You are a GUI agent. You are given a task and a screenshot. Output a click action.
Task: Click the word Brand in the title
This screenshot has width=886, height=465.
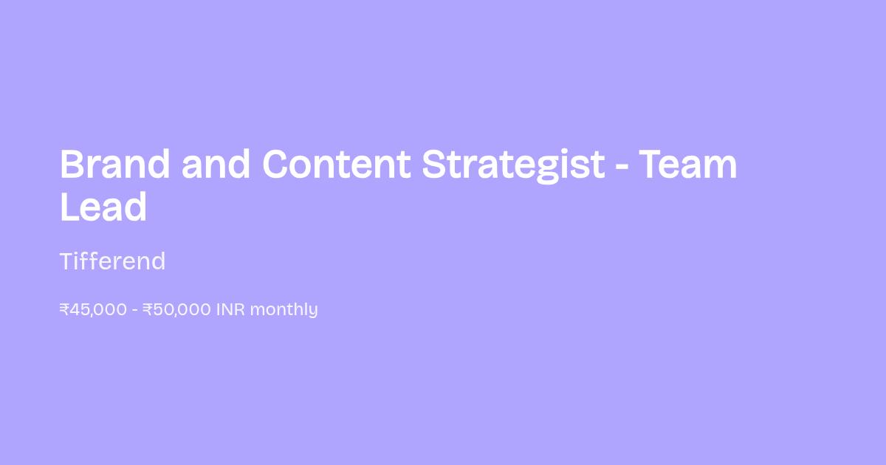(114, 164)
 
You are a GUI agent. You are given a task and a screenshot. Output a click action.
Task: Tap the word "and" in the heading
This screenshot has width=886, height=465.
(216, 164)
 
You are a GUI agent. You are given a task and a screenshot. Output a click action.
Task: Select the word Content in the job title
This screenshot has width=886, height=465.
(337, 164)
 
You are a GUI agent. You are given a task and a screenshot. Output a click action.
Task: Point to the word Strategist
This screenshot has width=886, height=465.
(513, 166)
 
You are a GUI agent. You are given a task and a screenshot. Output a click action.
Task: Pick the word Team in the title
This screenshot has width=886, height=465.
(688, 164)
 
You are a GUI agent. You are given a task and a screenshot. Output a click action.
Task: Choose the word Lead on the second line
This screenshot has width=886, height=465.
(103, 207)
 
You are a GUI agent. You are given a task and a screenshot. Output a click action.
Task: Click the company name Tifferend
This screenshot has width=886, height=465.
(113, 261)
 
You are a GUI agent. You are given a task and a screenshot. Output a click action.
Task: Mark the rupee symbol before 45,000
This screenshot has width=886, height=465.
(64, 309)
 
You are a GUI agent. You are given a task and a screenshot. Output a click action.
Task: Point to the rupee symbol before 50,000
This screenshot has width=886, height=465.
(148, 309)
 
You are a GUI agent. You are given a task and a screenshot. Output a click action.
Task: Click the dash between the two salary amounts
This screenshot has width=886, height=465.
(135, 311)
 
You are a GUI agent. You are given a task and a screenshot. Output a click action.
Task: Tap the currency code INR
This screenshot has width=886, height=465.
(230, 309)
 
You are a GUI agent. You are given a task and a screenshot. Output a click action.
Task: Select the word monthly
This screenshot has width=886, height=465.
(284, 310)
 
